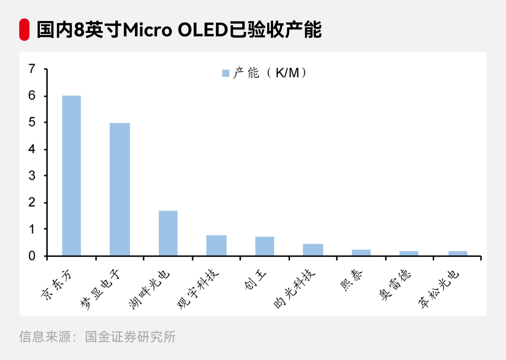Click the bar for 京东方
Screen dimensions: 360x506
[x=71, y=176]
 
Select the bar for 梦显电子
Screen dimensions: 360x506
[x=119, y=189]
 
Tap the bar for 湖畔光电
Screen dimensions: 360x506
[x=168, y=233]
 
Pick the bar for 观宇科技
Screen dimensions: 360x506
[x=216, y=245]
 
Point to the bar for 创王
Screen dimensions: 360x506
[x=264, y=246]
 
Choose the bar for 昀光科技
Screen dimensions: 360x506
[x=313, y=250]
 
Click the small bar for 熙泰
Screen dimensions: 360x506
[x=361, y=253]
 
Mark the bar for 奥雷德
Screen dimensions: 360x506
[x=409, y=253]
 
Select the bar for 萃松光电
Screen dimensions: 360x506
[x=457, y=253]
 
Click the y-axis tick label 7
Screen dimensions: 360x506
[x=32, y=69]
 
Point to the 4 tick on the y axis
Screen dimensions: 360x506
[x=32, y=149]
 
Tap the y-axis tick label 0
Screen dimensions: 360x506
[x=32, y=256]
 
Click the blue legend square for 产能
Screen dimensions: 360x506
[x=225, y=73]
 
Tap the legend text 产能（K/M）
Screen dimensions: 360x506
[x=270, y=73]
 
